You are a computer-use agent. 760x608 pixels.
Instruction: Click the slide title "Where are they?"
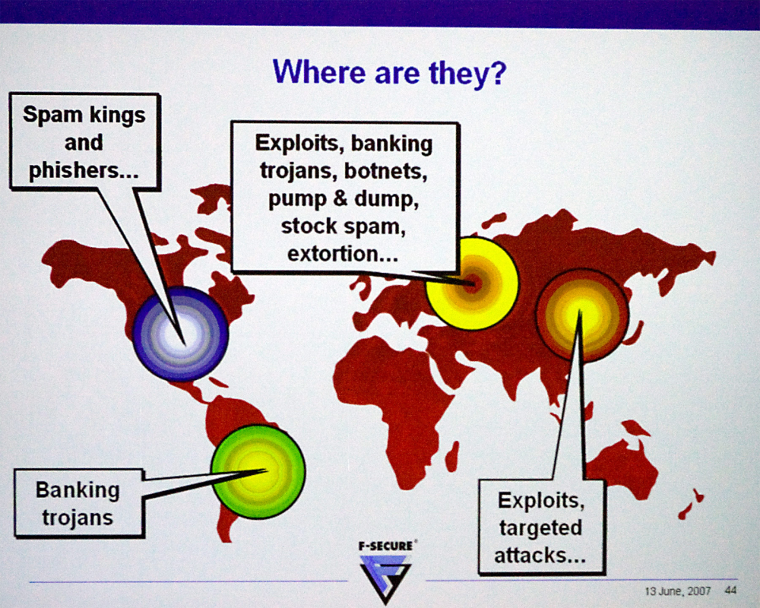coord(390,73)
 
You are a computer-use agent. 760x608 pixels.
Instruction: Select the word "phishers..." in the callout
coord(84,169)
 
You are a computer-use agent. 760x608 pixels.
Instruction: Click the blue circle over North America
coord(181,334)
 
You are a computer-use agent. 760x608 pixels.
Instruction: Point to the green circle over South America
coord(258,472)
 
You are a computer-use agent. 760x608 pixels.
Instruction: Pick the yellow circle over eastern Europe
coord(472,283)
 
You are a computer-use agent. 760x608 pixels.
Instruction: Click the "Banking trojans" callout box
coord(78,503)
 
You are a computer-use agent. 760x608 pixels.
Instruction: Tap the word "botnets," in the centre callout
coord(386,171)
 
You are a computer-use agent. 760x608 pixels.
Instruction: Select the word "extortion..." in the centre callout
coord(343,254)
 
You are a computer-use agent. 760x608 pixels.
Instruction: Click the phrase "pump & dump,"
coord(344,199)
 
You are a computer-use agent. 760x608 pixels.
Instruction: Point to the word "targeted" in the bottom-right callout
coord(541,528)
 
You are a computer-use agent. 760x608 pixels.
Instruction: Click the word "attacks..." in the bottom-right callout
coord(540,555)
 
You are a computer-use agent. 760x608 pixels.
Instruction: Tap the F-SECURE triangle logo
coord(386,578)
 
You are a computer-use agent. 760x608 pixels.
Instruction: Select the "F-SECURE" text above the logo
coord(386,546)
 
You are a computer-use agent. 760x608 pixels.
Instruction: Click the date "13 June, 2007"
coord(678,591)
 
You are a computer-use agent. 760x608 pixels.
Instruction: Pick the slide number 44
coord(730,591)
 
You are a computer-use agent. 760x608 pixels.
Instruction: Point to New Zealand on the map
coord(691,505)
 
